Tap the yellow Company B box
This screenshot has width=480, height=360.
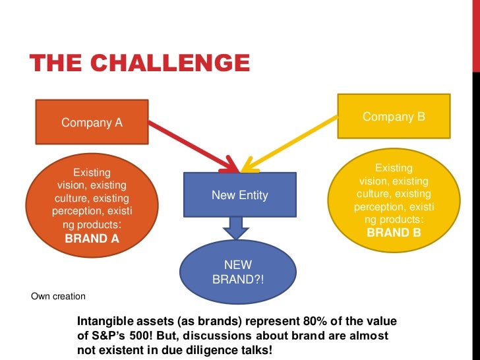[x=394, y=117]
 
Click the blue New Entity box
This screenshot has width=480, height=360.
[x=239, y=196]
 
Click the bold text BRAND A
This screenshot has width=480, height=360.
[x=92, y=239]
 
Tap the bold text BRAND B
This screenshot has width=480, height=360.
[x=394, y=233]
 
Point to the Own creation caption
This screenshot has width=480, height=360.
[x=58, y=295]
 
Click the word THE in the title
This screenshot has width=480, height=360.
[x=52, y=64]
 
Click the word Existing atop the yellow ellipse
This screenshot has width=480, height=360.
[x=394, y=168]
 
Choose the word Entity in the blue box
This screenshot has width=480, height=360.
[x=254, y=196]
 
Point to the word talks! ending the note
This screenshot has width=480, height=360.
[x=251, y=350]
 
